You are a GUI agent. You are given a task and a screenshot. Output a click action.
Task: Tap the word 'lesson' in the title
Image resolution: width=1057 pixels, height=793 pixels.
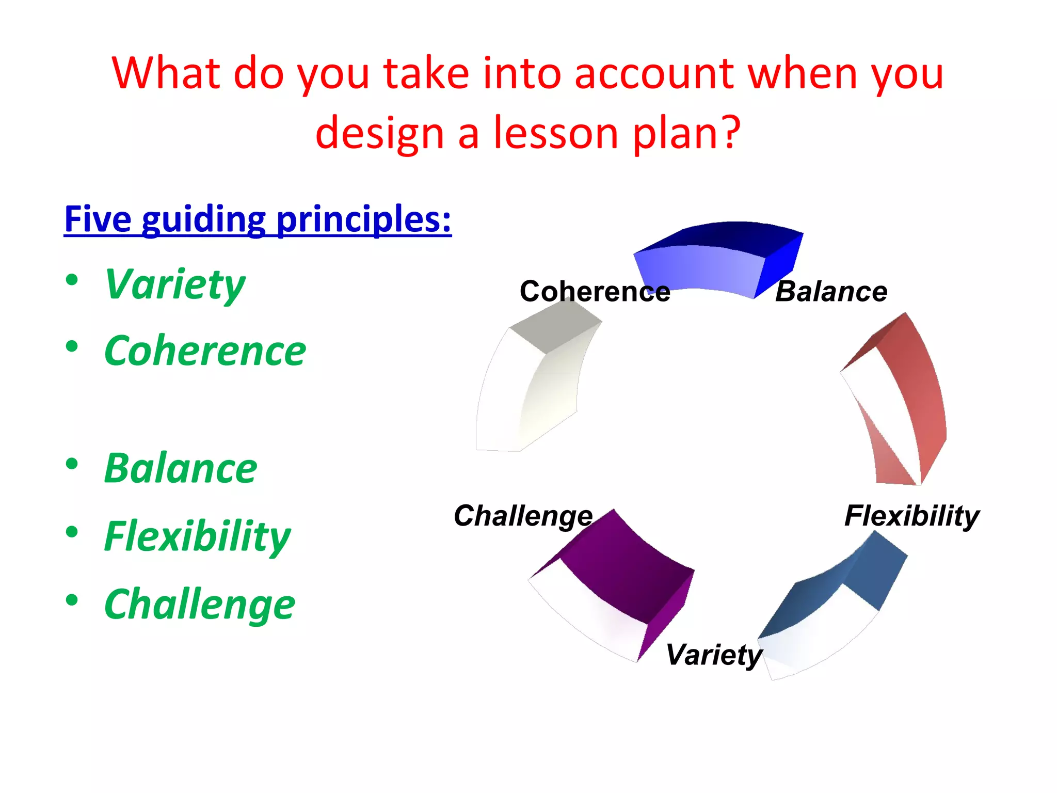(556, 133)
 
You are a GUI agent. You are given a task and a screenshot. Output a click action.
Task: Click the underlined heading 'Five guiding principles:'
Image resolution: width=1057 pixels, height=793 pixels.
(258, 219)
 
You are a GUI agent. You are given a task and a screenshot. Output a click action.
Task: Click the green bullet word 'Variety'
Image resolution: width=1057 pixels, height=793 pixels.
(175, 284)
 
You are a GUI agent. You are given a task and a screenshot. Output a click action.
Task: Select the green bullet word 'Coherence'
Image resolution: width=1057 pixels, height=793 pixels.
(205, 351)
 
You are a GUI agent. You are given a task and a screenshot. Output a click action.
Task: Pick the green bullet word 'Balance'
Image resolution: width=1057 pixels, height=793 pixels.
(180, 468)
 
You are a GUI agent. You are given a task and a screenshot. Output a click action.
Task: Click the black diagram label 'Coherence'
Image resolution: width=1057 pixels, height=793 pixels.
(595, 292)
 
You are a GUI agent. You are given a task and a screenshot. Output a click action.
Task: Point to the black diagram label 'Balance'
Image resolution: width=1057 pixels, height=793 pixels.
(831, 292)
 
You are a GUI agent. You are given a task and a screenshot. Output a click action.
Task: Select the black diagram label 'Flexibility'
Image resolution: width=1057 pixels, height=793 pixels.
(911, 516)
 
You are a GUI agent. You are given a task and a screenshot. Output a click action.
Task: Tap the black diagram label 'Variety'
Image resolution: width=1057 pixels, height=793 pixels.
(713, 655)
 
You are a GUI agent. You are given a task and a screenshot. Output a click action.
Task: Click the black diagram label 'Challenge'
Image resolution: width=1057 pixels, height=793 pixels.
(523, 516)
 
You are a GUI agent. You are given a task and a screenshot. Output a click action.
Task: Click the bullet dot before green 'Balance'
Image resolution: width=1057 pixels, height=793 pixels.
(72, 463)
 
